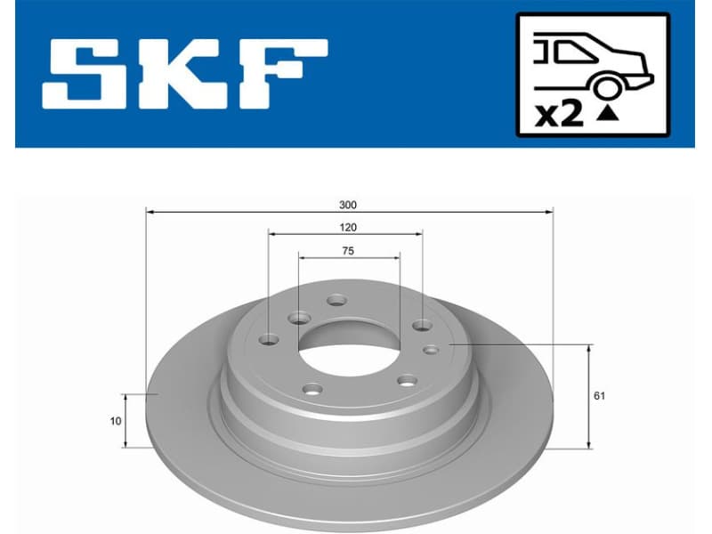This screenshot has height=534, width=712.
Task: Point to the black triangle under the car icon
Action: click(x=608, y=113)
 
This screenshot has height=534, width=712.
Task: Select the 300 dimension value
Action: click(x=348, y=204)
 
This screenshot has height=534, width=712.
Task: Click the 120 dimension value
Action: click(x=348, y=228)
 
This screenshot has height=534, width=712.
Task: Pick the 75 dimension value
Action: click(x=348, y=252)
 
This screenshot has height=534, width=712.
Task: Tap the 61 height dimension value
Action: click(x=599, y=395)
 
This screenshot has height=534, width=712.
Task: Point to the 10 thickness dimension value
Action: click(x=116, y=421)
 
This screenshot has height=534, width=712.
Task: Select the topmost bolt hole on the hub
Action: click(x=336, y=300)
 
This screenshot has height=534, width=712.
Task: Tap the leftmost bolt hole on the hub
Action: click(x=269, y=339)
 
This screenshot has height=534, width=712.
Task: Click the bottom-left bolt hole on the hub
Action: click(x=312, y=388)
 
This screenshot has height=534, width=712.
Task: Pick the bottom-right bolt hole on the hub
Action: click(x=408, y=381)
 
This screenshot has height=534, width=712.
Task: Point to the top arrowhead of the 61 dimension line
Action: click(x=588, y=349)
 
